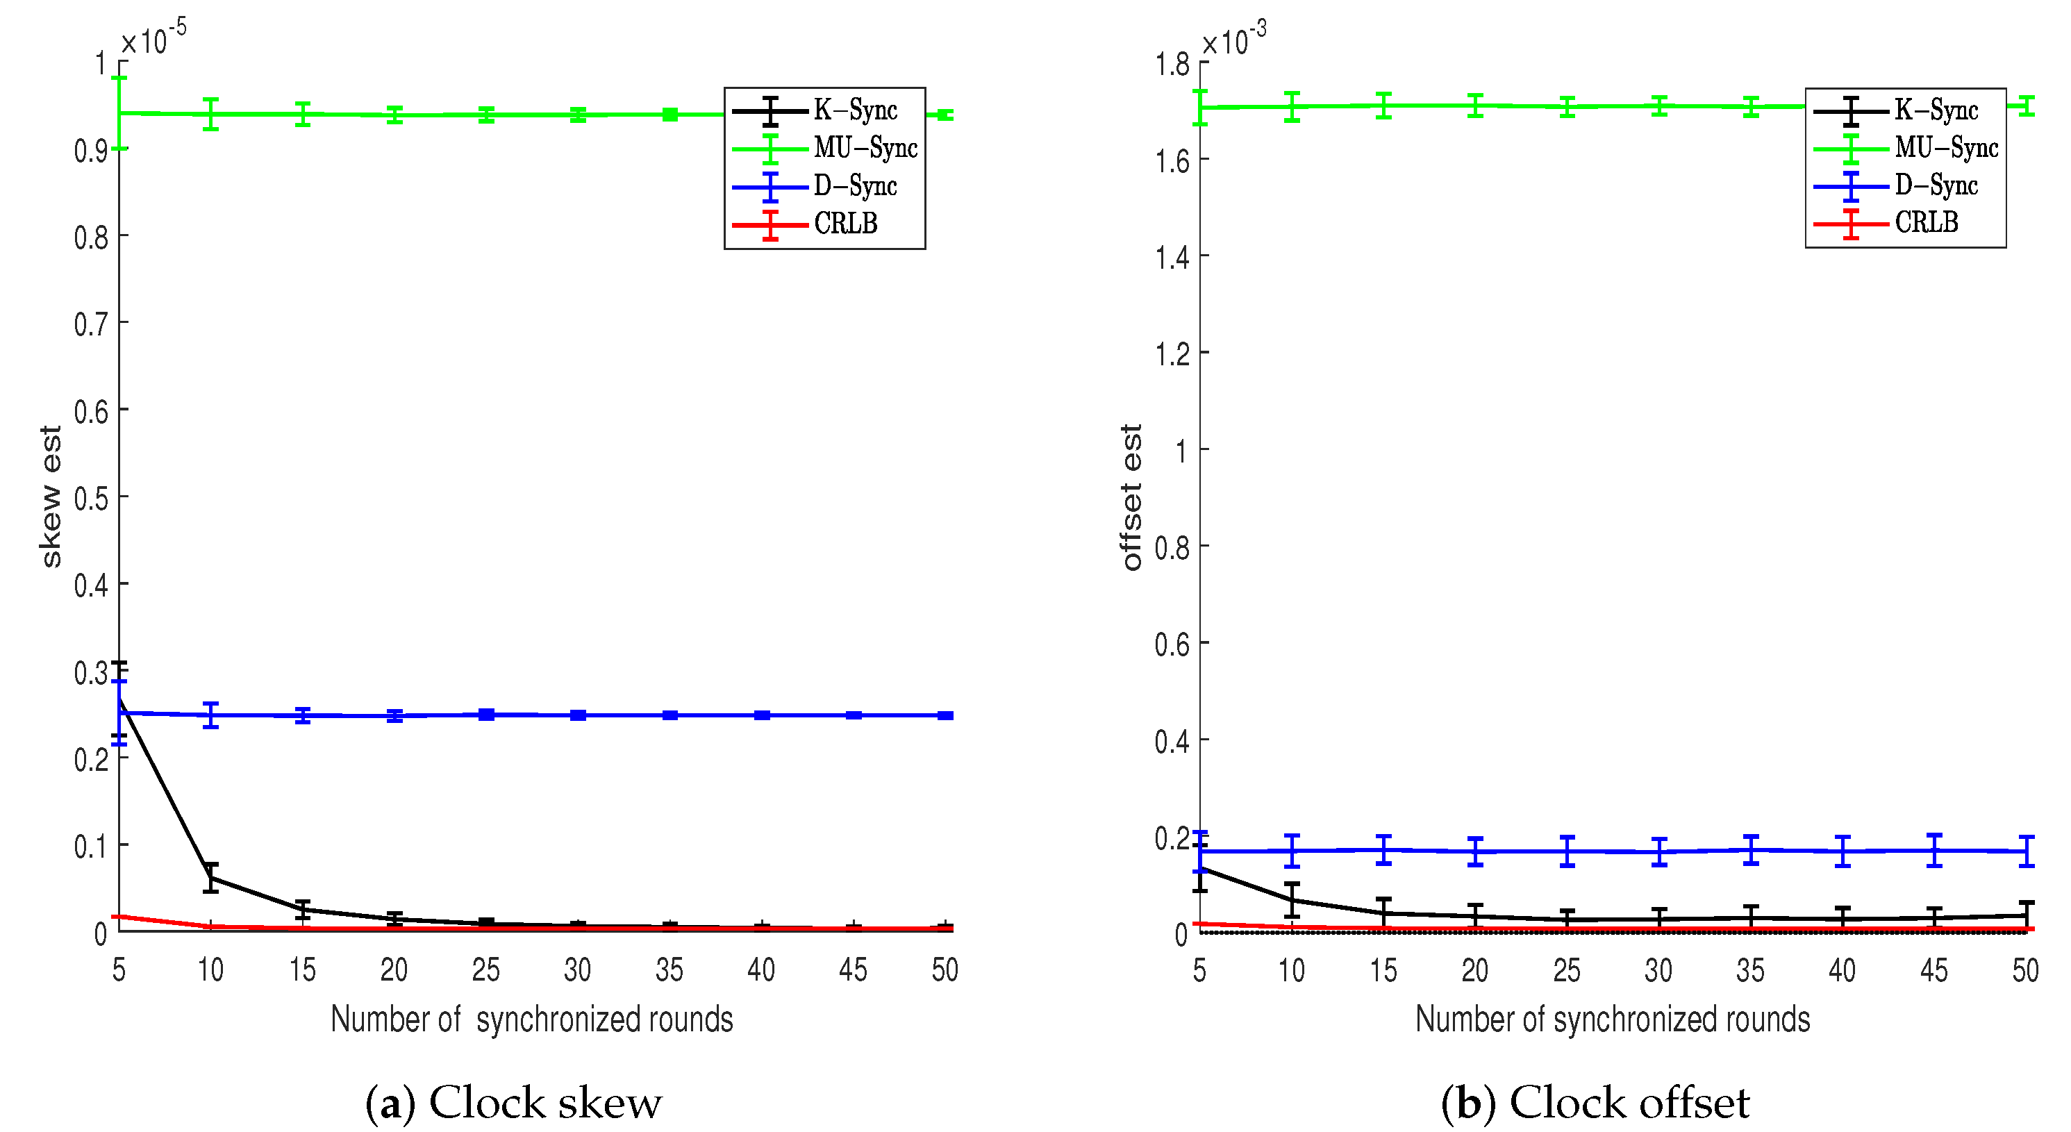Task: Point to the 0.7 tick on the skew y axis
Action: coord(91,325)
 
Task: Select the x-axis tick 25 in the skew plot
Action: coord(485,970)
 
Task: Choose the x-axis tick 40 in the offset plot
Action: coord(1842,971)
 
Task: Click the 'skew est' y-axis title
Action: coord(51,497)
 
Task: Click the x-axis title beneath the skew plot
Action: coord(531,1019)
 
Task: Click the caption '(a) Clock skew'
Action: coord(513,1102)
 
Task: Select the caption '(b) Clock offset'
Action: coord(1595,1102)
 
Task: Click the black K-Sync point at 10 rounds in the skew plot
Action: coord(210,877)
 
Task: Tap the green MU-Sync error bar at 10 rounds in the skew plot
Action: coord(210,114)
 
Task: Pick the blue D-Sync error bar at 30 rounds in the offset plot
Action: coord(1658,851)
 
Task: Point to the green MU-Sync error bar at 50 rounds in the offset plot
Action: coord(2026,106)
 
